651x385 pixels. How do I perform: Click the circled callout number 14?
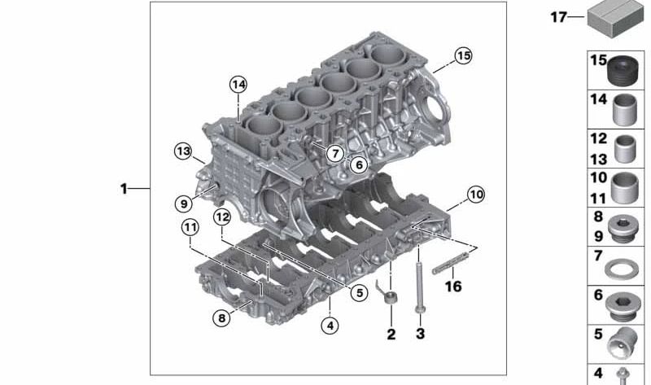pyautogui.click(x=238, y=85)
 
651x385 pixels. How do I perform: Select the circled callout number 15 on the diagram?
pyautogui.click(x=463, y=55)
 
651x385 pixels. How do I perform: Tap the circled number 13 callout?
pyautogui.click(x=183, y=151)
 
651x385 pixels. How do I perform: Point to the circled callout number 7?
pyautogui.click(x=335, y=153)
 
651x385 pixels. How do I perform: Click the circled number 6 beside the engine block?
pyautogui.click(x=359, y=165)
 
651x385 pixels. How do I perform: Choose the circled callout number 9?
pyautogui.click(x=184, y=203)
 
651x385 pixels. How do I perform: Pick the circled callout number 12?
pyautogui.click(x=222, y=217)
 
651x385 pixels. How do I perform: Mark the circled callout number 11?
pyautogui.click(x=190, y=227)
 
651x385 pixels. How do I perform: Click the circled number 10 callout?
pyautogui.click(x=476, y=194)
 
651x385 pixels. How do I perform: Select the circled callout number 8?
pyautogui.click(x=221, y=318)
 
